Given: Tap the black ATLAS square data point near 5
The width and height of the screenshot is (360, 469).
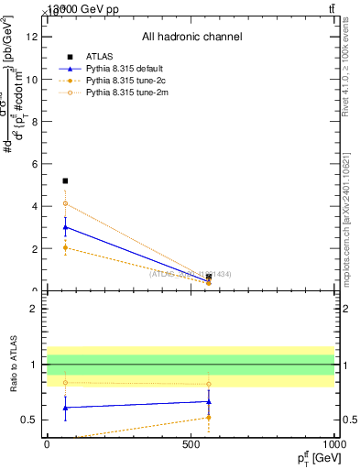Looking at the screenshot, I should click(x=65, y=181).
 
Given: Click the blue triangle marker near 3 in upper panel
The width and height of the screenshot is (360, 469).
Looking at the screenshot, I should click(x=65, y=227).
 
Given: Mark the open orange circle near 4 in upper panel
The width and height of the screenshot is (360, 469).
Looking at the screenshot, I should click(x=65, y=203).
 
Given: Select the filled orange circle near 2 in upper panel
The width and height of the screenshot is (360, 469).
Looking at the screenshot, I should click(x=65, y=247).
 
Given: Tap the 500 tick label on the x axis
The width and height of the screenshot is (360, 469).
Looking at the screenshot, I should click(x=191, y=443).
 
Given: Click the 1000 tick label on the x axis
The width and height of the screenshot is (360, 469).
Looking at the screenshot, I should click(x=333, y=443).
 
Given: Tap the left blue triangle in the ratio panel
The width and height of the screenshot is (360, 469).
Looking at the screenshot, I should click(x=65, y=407).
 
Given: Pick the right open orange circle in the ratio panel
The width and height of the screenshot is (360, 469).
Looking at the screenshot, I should click(x=209, y=384).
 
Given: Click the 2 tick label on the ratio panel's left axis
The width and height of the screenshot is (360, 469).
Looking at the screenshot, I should click(x=38, y=309).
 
